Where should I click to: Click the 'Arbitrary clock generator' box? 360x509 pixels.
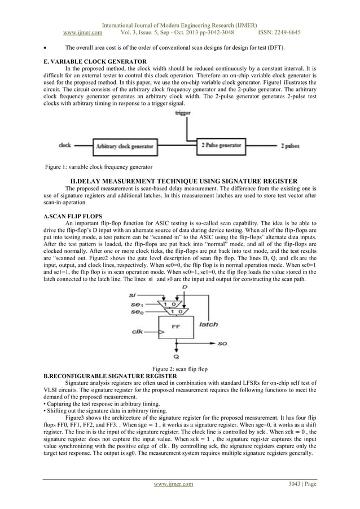point(124,146)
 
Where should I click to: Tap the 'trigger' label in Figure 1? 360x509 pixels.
point(183,113)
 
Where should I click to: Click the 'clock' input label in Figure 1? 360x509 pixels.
point(65,146)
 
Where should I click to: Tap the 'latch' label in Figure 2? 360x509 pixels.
point(209,324)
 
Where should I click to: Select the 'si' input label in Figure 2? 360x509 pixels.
point(132,294)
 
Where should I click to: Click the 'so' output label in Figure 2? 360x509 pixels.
point(223,343)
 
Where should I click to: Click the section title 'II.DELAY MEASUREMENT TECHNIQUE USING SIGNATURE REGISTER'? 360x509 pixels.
point(179,181)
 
